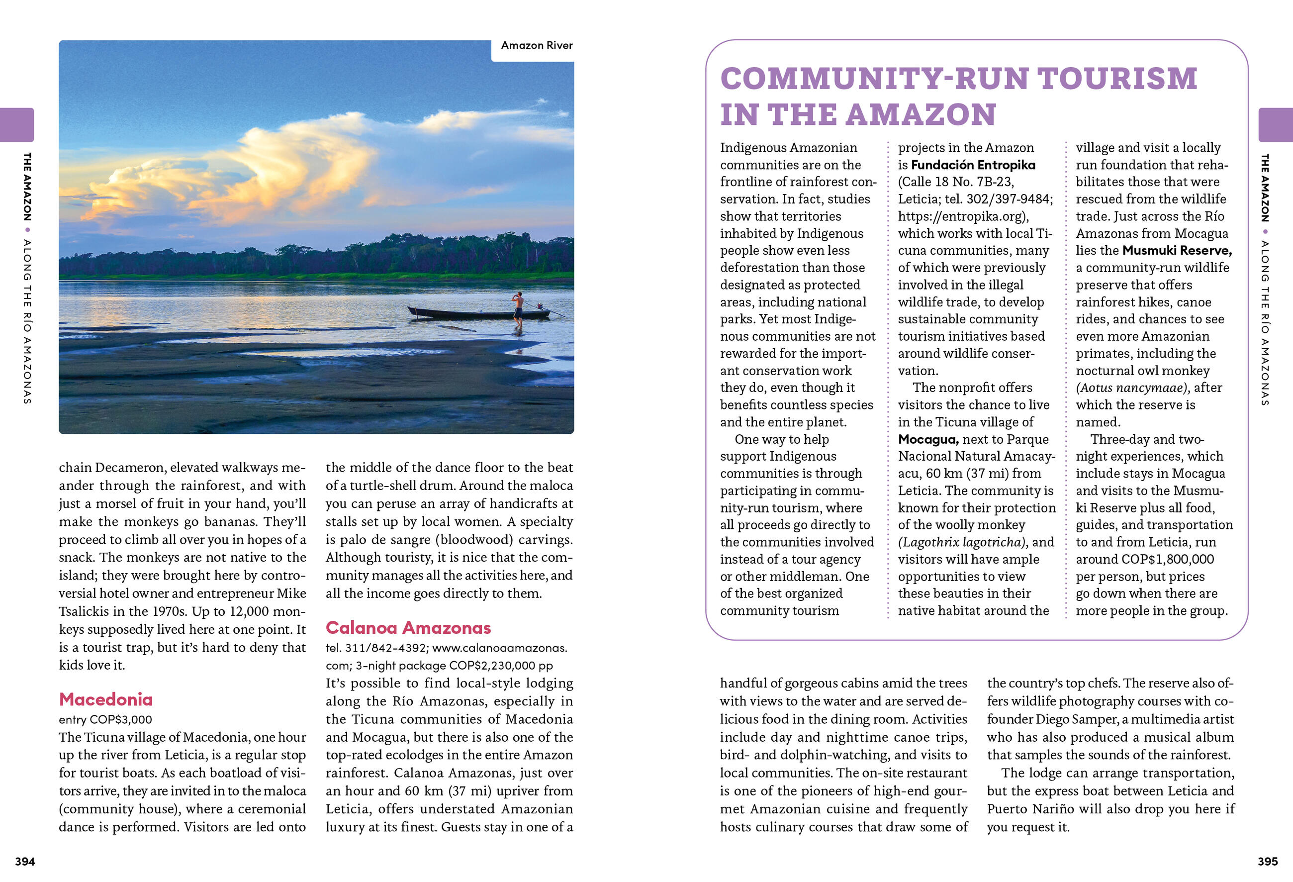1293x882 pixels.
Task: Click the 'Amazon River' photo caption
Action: point(536,46)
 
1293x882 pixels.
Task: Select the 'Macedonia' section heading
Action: point(106,699)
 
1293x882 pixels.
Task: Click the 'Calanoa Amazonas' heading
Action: point(408,628)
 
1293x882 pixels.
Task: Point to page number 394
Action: point(25,862)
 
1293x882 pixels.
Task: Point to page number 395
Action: point(1268,862)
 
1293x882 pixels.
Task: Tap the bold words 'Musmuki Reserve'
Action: point(1177,250)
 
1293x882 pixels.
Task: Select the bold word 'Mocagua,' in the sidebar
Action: point(928,439)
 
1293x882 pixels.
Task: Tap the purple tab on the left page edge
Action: point(17,125)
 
